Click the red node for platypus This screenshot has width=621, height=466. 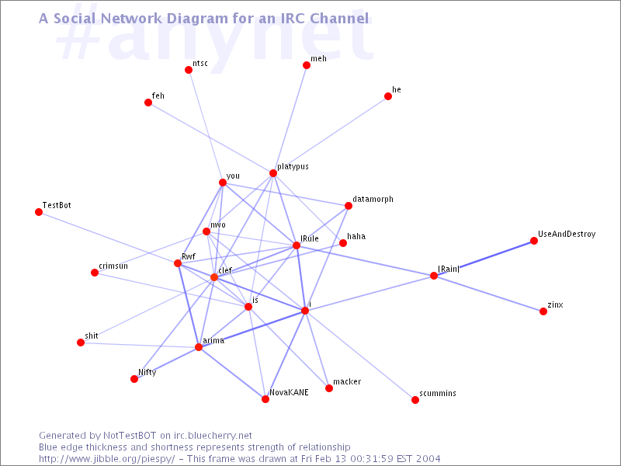(273, 173)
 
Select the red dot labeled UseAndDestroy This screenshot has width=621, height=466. (534, 241)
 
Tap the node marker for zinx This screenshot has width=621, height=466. (543, 311)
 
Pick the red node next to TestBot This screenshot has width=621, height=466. (39, 212)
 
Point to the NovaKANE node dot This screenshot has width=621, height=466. (265, 399)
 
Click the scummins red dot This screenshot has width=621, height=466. (415, 400)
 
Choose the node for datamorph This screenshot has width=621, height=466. (349, 206)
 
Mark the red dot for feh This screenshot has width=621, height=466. (148, 103)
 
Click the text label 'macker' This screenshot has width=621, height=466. (347, 381)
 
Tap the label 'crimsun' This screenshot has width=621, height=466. (113, 266)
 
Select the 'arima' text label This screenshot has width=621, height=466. (213, 340)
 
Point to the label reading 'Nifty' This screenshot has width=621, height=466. (147, 372)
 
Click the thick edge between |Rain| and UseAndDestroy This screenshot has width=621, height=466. (484, 259)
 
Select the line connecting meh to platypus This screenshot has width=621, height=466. (290, 120)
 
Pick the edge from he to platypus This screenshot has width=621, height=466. (331, 134)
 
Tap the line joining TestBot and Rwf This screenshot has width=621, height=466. (108, 238)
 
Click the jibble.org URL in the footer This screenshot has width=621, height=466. (106, 459)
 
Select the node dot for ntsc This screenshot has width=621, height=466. (189, 70)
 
